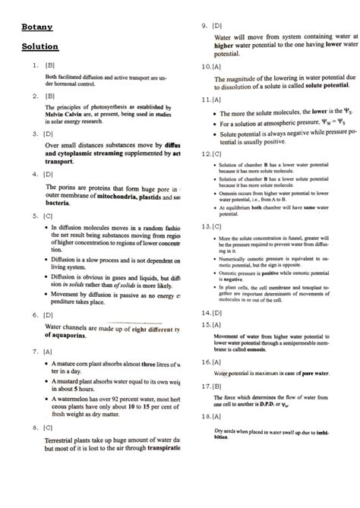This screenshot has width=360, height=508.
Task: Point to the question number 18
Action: click(205, 417)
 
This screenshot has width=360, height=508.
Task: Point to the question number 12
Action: click(205, 153)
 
